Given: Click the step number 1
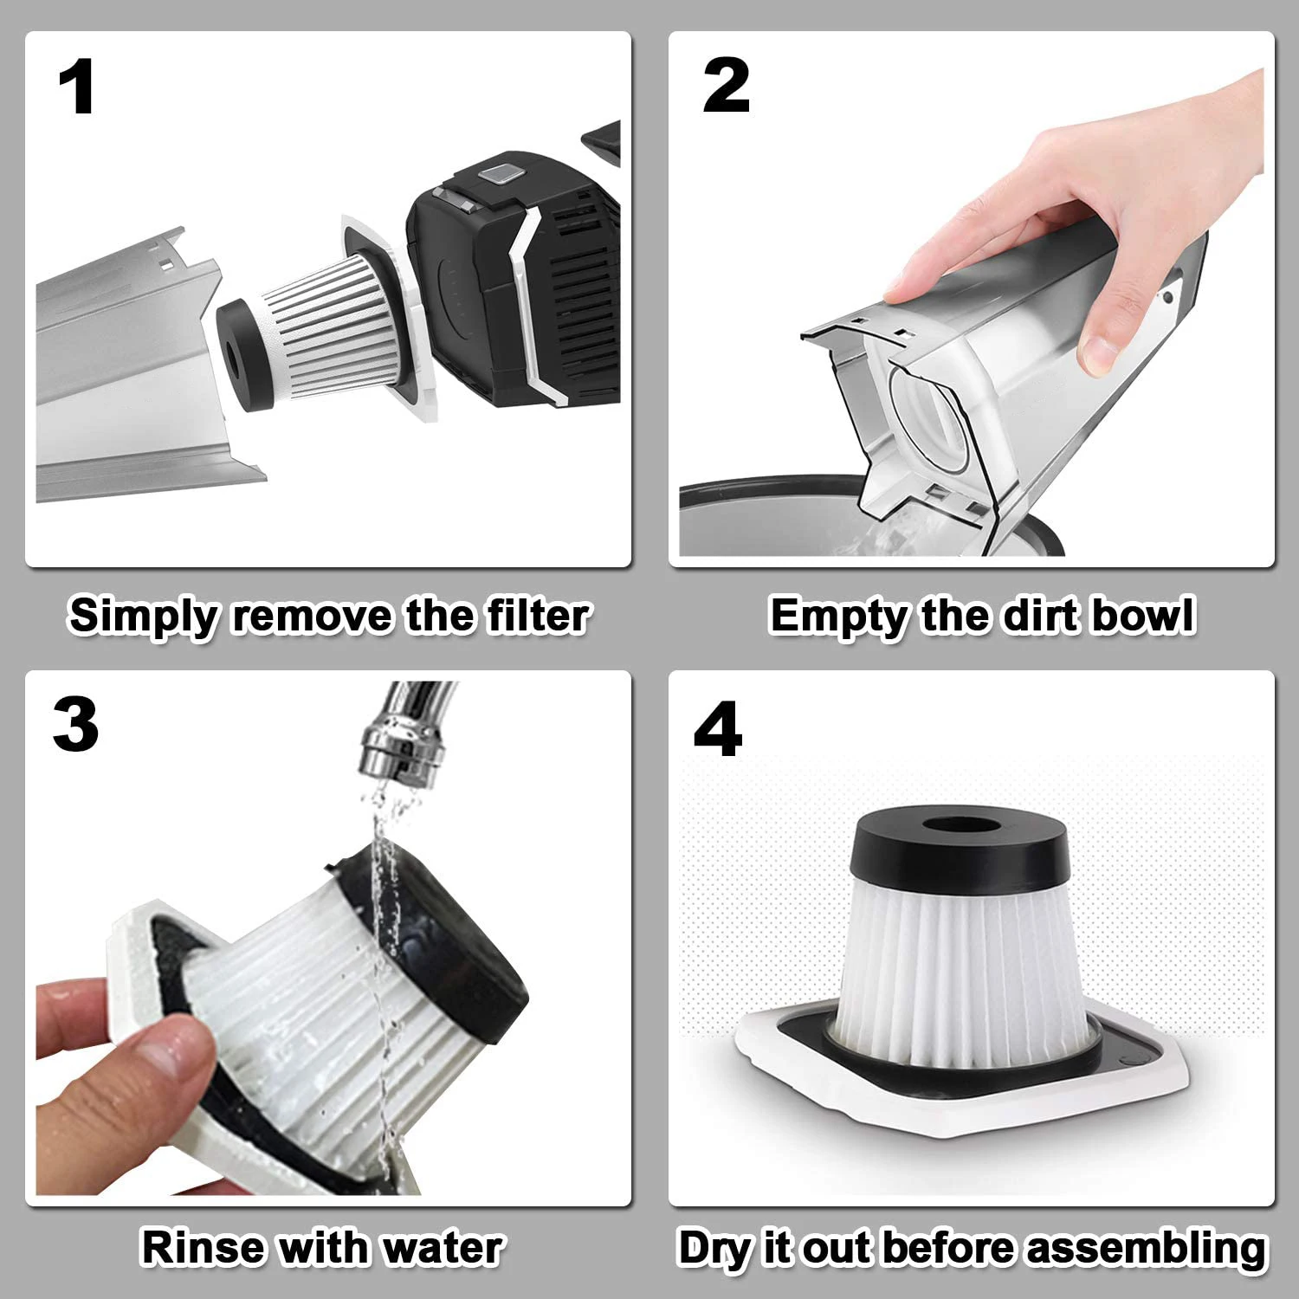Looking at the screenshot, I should pyautogui.click(x=76, y=88).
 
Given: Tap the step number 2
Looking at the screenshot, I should pyautogui.click(x=726, y=87).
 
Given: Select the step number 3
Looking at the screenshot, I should pyautogui.click(x=75, y=726).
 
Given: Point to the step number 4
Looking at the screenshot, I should pyautogui.click(x=718, y=729).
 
